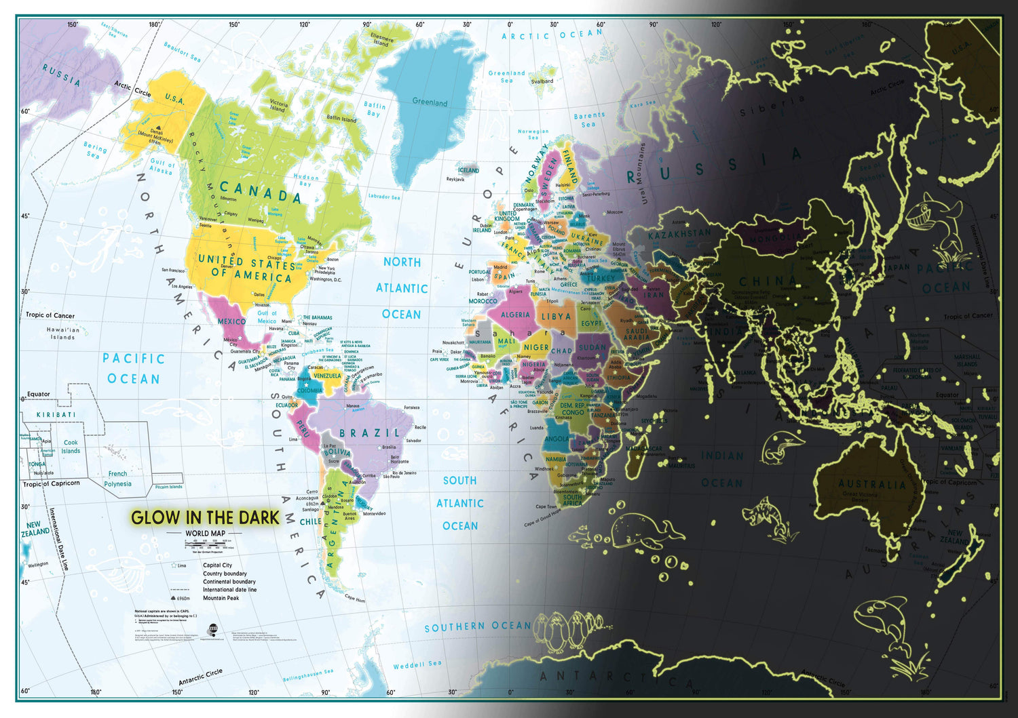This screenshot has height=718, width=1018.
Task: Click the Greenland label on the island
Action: click(430, 102)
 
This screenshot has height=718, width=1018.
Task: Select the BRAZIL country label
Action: click(370, 433)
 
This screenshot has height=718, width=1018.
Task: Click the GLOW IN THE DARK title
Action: click(205, 518)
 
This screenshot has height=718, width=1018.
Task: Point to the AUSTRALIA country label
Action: click(872, 484)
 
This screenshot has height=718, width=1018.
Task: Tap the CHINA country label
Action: click(768, 281)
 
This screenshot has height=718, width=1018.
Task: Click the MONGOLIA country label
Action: click(776, 239)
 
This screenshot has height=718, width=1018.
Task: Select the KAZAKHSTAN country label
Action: click(679, 234)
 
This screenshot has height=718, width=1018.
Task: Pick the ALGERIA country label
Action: click(515, 315)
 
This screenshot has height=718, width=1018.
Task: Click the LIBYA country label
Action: click(556, 316)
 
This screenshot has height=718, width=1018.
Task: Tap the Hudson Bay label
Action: click(305, 180)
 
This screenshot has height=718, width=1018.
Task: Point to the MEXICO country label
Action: click(231, 321)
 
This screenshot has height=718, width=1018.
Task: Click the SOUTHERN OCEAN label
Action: click(478, 626)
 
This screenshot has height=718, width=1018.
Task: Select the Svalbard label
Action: click(542, 81)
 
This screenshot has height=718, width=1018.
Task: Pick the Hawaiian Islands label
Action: click(63, 333)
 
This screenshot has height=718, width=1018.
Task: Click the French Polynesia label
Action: click(117, 479)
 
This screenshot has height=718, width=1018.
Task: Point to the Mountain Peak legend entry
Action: click(221, 598)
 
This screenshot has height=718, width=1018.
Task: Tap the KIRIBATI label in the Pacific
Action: click(56, 414)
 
